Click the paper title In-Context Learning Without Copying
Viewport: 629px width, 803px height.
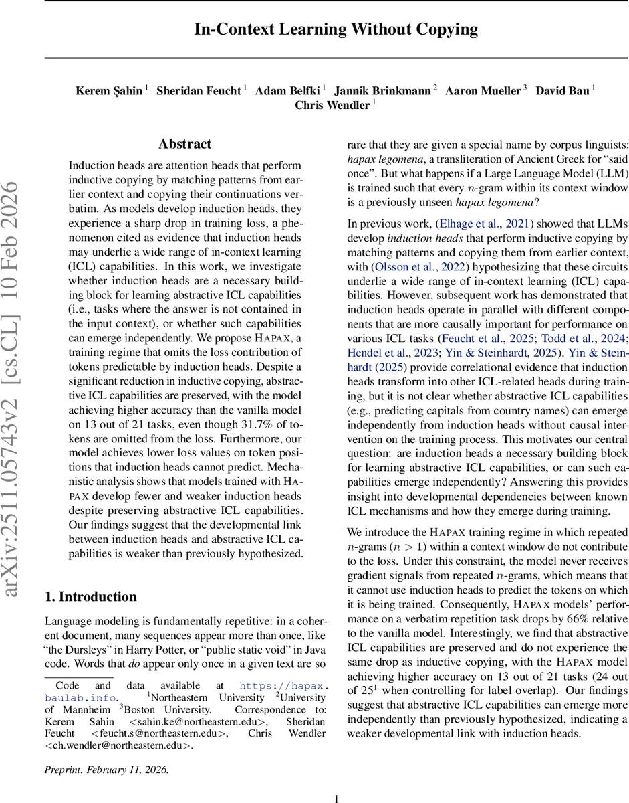point(336,29)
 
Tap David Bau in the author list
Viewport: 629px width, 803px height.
point(563,90)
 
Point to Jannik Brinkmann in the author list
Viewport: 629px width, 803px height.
point(382,90)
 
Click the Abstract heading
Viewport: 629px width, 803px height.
point(184,144)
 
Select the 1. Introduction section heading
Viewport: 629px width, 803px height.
point(90,596)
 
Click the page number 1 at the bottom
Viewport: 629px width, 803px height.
point(336,798)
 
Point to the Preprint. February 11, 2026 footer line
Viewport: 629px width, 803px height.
point(107,770)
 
